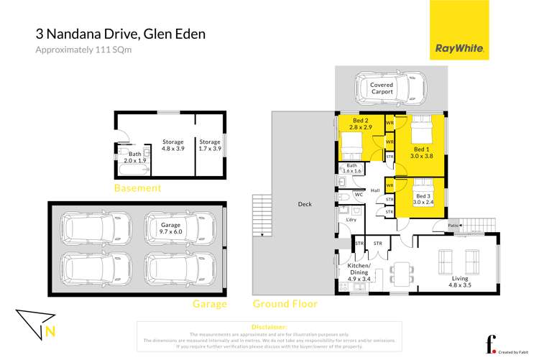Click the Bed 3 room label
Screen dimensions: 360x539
click(x=423, y=198)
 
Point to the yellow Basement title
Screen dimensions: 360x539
click(x=137, y=188)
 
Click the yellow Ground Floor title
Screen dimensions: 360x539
click(x=285, y=304)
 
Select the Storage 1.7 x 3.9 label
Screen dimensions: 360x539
click(x=210, y=145)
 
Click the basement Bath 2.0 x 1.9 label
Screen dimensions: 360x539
click(x=135, y=157)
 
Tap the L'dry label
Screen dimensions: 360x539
click(x=351, y=219)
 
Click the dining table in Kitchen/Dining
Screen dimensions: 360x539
click(x=400, y=272)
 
